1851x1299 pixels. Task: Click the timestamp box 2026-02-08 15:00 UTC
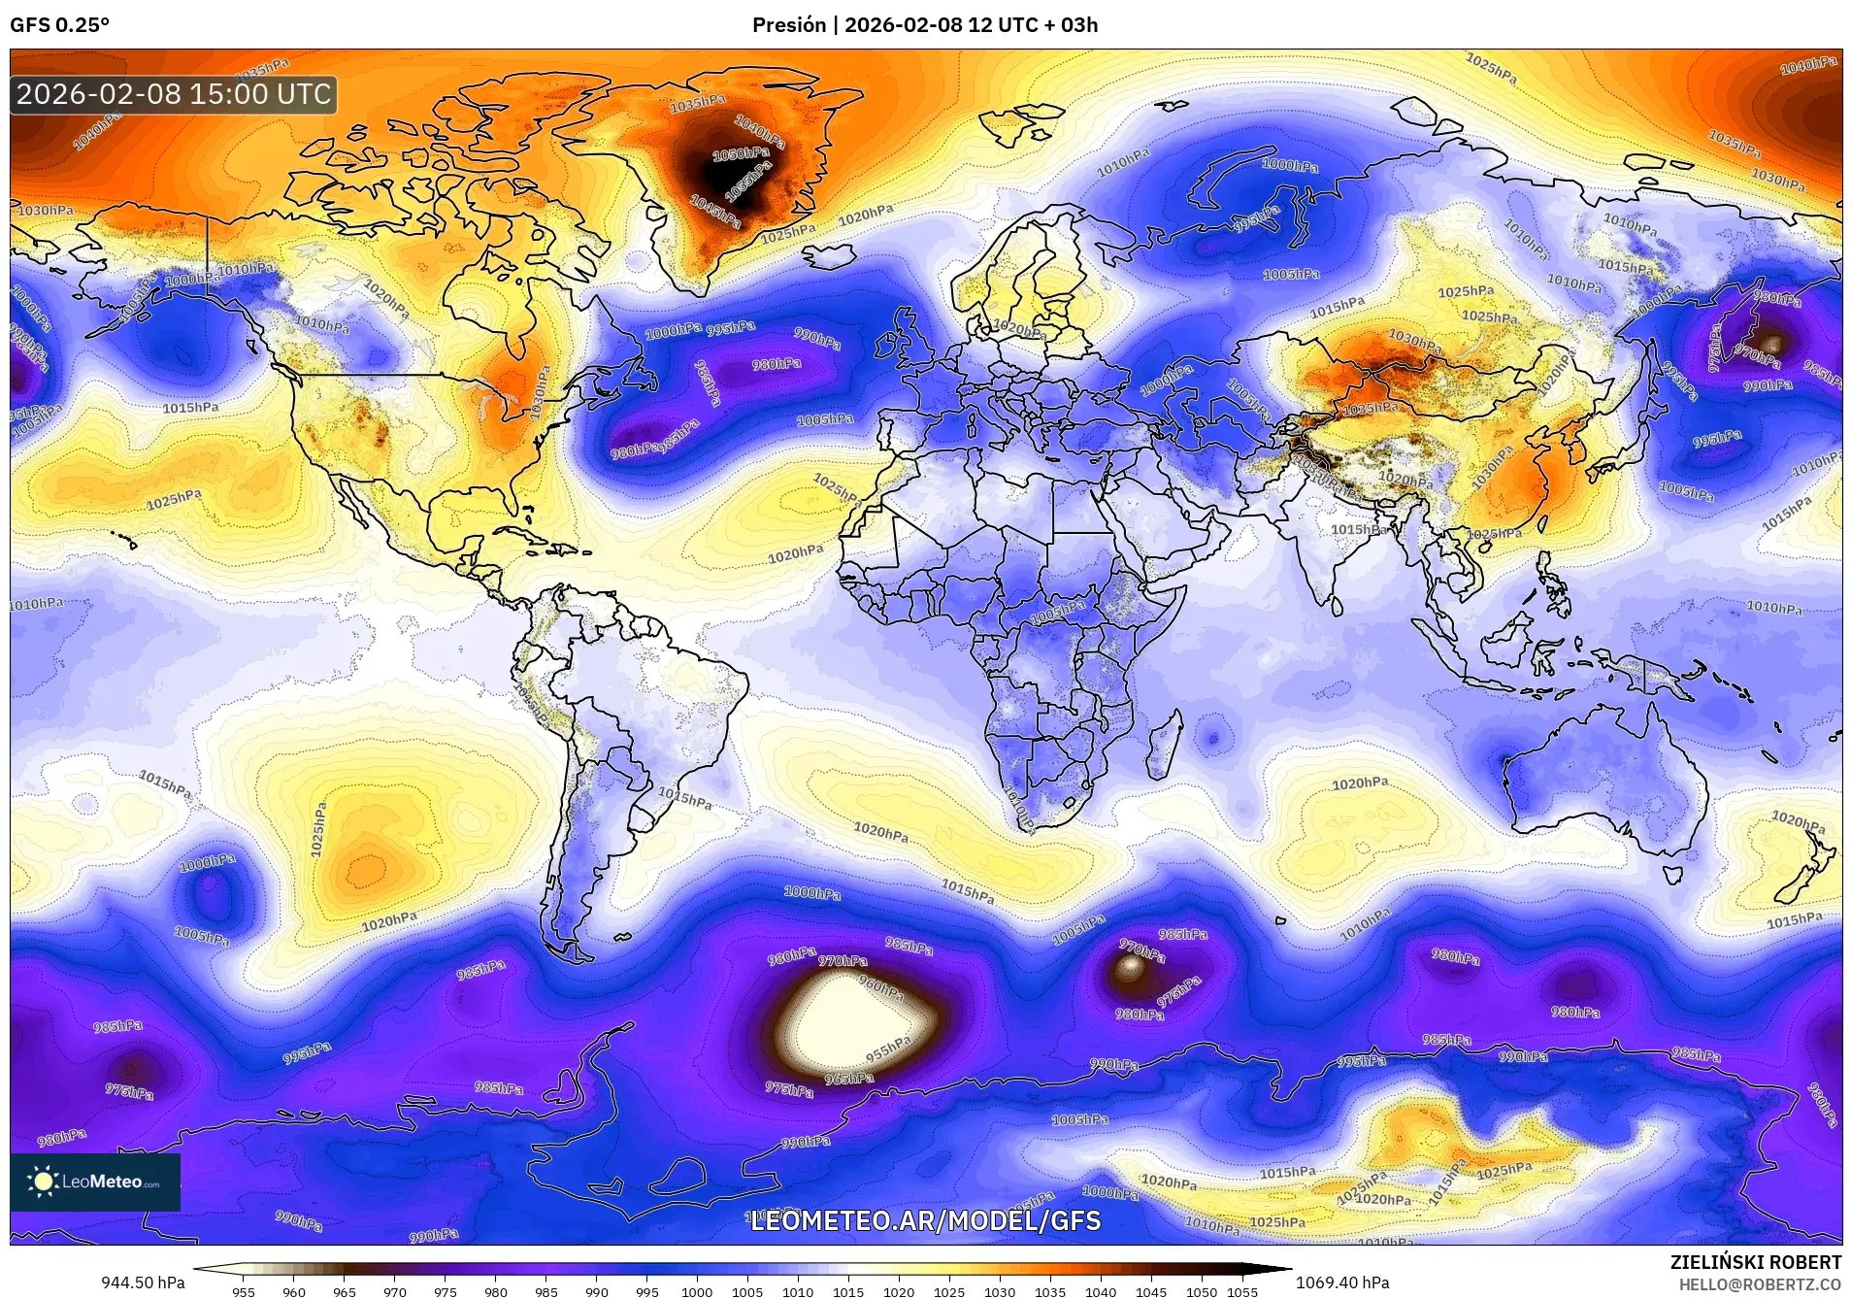click(x=174, y=94)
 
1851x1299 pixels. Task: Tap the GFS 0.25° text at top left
click(x=59, y=25)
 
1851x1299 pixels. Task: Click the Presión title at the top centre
click(x=924, y=25)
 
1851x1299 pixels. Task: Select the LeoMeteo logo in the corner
click(x=95, y=1182)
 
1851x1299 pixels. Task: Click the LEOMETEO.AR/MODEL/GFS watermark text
click(x=926, y=1219)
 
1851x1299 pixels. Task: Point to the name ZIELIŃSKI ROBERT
click(x=1755, y=1263)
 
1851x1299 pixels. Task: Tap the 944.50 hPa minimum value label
click(x=143, y=1282)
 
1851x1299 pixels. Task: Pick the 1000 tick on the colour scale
click(x=697, y=1292)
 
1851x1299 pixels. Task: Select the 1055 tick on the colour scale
click(x=1241, y=1292)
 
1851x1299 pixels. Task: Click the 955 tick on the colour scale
click(x=244, y=1292)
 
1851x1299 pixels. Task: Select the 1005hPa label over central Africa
click(x=1057, y=612)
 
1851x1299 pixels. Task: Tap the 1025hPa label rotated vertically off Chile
click(x=317, y=828)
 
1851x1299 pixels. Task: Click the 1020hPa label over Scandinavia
click(x=1016, y=330)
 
